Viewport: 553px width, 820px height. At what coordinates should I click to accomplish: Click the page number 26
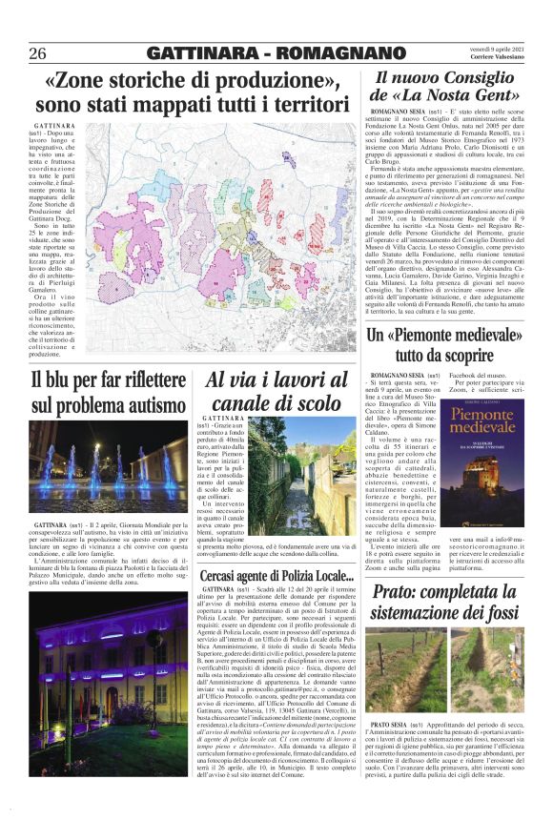pos(38,52)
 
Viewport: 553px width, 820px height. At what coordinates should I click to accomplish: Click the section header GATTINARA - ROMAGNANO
pos(276,52)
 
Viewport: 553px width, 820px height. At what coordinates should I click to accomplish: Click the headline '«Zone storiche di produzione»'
pos(192,81)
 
